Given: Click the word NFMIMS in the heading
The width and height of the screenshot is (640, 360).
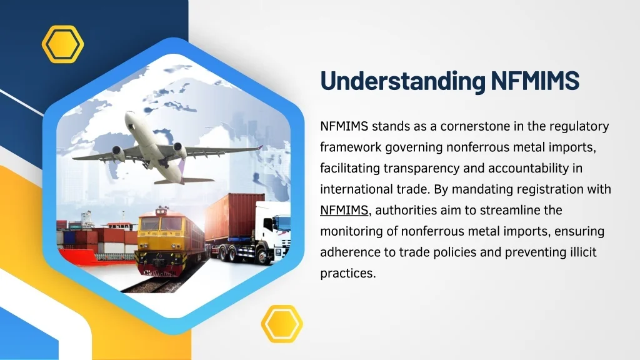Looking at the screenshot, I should point(535,81).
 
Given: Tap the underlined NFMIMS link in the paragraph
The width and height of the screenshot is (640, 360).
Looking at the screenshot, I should point(344,209).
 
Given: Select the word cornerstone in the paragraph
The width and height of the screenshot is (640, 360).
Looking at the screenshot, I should point(474,126).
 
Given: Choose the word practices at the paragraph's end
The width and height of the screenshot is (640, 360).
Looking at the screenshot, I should point(347,273).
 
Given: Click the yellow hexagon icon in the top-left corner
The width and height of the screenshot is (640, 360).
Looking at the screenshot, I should point(62,44).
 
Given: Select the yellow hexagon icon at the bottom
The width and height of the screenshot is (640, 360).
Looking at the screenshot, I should point(282,324).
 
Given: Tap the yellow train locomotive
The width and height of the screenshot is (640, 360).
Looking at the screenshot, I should point(162,241).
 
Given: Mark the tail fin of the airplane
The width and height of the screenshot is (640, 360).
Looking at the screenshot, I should point(181,167).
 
